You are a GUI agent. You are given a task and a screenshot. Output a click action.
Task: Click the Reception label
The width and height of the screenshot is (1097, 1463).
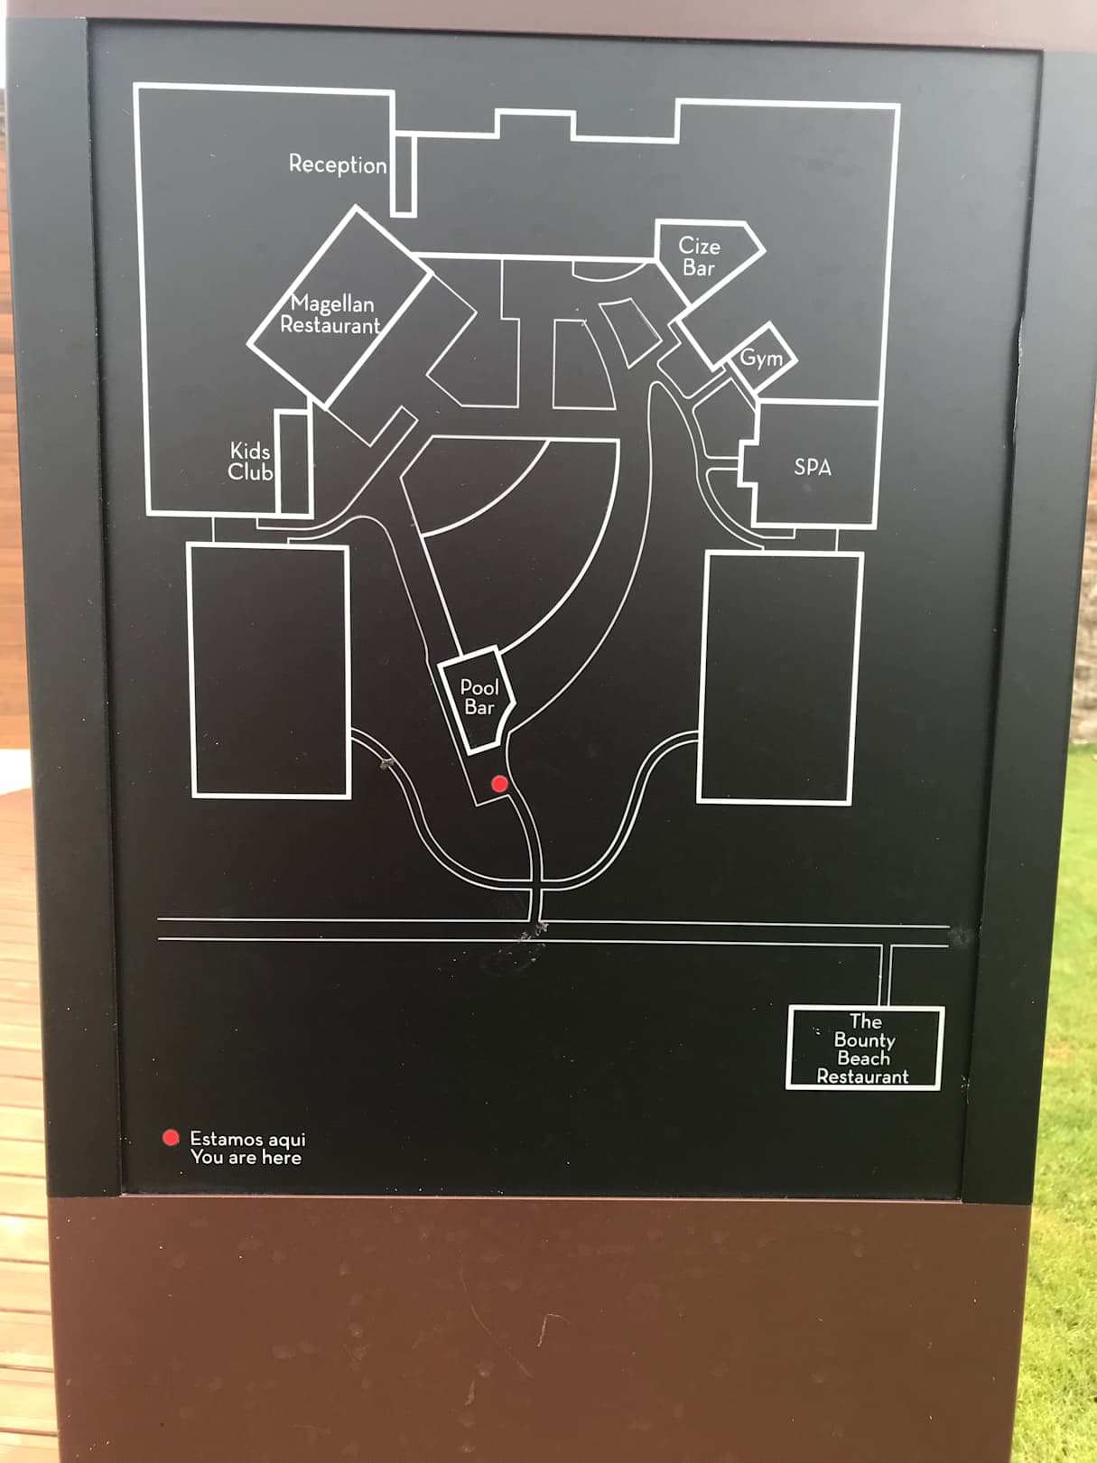(x=338, y=164)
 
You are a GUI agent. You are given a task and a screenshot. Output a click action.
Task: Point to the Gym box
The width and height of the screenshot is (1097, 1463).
(x=762, y=358)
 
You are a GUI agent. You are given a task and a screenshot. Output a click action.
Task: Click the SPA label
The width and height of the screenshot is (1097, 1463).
(x=813, y=467)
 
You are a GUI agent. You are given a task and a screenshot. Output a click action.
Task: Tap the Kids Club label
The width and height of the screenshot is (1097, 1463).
(x=250, y=461)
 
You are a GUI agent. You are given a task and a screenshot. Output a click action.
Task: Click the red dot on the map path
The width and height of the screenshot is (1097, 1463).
(x=499, y=784)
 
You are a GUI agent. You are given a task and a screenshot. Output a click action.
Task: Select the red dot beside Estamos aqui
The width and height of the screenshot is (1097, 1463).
(x=171, y=1137)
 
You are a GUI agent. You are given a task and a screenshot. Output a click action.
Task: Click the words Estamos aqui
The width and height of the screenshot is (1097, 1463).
(x=247, y=1139)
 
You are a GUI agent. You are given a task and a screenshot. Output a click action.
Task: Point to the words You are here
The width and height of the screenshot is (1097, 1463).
(x=246, y=1158)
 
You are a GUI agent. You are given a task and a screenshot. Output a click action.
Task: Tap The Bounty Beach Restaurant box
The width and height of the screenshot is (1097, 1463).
(x=864, y=1048)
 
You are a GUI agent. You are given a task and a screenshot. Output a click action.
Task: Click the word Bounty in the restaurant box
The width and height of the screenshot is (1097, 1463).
(x=864, y=1040)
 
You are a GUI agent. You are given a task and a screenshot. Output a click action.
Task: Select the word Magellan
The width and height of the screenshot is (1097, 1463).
(x=332, y=303)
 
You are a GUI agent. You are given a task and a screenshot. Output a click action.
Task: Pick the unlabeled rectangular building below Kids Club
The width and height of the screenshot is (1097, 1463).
(x=269, y=671)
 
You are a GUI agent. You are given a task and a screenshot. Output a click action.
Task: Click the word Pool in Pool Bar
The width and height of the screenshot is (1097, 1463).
(x=479, y=687)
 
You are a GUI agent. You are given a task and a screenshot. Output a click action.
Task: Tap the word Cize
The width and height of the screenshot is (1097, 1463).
(x=699, y=246)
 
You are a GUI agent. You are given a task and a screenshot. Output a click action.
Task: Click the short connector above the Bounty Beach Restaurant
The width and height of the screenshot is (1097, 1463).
(x=886, y=975)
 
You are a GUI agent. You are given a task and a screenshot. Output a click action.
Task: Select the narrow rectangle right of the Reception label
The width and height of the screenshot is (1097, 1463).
(x=404, y=175)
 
